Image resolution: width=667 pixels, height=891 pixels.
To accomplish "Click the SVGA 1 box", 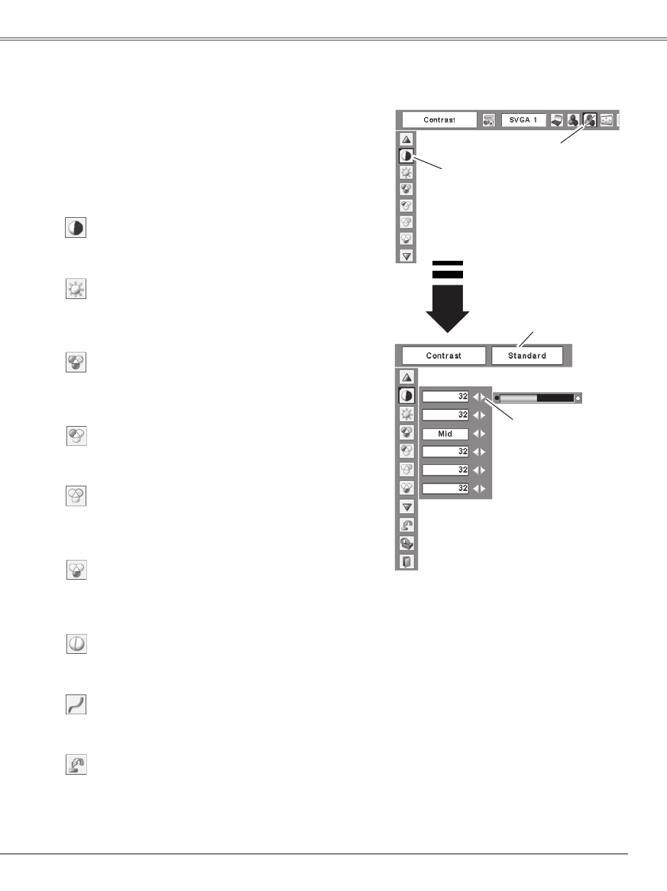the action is point(524,121).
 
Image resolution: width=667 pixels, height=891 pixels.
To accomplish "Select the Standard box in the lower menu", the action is point(527,356).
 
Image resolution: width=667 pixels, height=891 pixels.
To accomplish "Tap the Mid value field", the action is point(445,434).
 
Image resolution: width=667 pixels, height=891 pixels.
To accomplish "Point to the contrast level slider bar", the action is point(537,398).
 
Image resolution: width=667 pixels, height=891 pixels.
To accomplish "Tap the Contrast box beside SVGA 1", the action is point(439,121).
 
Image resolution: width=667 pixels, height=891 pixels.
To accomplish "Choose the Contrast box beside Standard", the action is point(444,356).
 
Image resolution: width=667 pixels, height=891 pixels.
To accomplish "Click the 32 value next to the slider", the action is point(445,397).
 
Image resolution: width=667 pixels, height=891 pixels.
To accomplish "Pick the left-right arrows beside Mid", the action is point(479,434).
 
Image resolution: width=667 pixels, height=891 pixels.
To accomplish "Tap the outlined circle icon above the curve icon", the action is point(76,645).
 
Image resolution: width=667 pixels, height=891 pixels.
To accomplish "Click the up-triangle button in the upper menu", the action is point(406,139).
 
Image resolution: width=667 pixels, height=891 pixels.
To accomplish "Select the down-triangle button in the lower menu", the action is point(406,506).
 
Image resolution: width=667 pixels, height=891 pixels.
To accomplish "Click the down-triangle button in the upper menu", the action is point(406,255).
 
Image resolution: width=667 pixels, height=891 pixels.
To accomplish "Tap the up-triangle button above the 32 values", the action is point(406,376).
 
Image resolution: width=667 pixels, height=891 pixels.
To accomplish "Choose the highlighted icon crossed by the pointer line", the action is point(589,121).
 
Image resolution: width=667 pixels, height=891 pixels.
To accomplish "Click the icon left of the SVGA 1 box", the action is point(489,121).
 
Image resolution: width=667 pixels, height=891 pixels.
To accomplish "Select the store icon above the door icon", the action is point(406,543).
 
